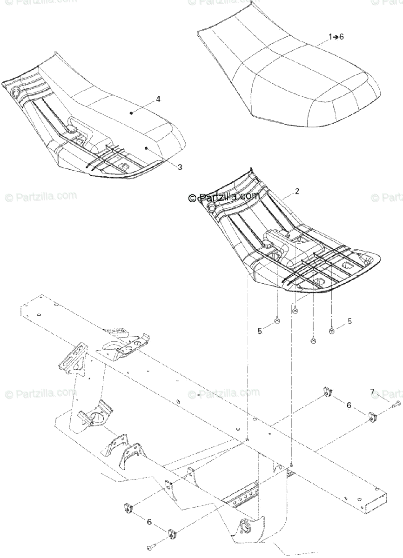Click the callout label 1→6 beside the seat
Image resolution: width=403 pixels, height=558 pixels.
click(x=336, y=37)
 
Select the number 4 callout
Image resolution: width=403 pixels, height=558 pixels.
click(x=158, y=99)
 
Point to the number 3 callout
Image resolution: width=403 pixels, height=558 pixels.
click(x=180, y=167)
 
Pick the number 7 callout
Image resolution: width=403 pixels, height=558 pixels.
click(x=373, y=393)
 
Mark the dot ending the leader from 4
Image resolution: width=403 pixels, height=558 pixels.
click(x=132, y=112)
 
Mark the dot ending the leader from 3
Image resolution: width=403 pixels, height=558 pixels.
click(x=146, y=148)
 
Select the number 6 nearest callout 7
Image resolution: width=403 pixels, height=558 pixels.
click(x=349, y=405)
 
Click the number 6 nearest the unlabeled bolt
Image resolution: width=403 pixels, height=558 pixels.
click(x=149, y=522)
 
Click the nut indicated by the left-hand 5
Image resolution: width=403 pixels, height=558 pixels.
click(x=277, y=320)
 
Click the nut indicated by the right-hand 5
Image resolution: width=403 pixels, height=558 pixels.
click(x=332, y=331)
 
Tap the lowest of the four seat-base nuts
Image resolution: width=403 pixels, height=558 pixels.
click(x=313, y=341)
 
